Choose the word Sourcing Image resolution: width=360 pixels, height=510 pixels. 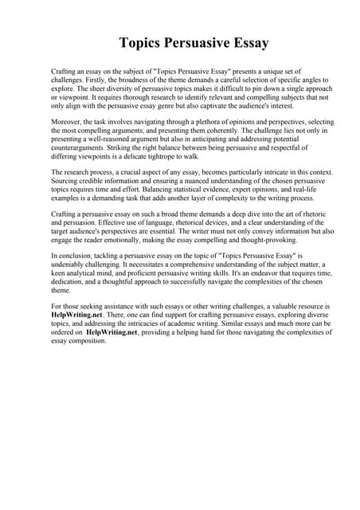click(x=66, y=182)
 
